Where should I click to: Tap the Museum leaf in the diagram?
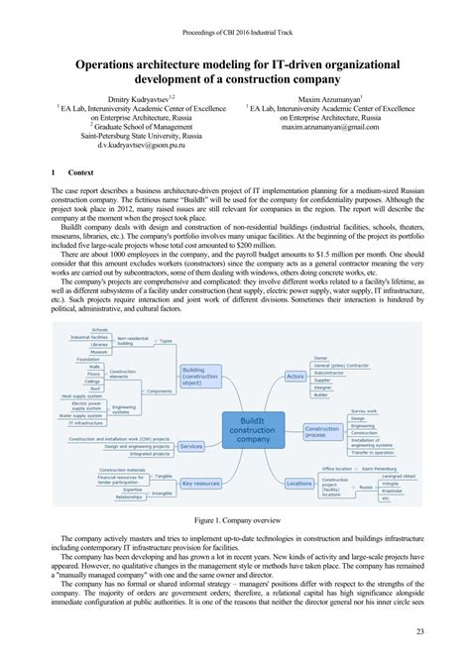(99, 323)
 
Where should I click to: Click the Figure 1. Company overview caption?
(235, 517)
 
